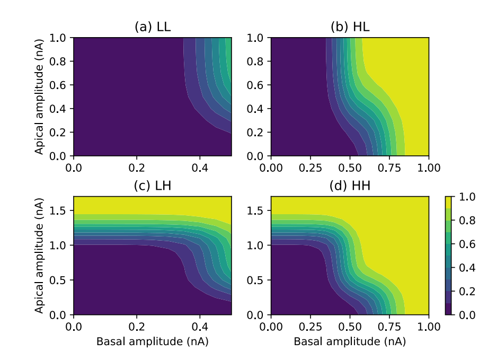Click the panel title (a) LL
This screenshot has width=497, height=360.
(153, 28)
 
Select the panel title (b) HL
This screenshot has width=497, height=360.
(350, 28)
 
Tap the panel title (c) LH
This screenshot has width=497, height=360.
(153, 187)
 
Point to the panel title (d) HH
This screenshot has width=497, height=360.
(350, 187)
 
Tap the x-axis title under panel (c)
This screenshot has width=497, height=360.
(153, 342)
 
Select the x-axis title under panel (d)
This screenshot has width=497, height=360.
(350, 342)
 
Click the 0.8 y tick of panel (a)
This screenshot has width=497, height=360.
(63, 62)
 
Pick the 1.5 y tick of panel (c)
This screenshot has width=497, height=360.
(63, 210)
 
